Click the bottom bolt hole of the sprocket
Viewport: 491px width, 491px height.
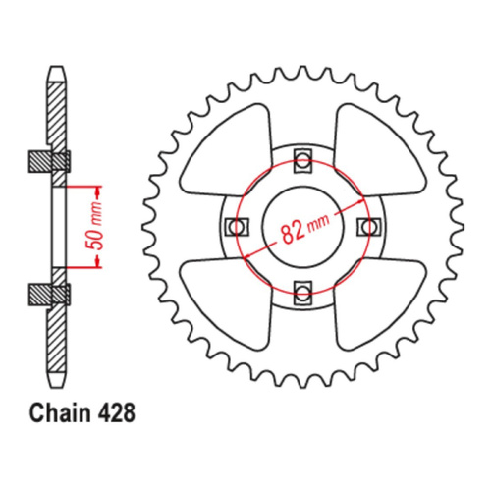coord(302,291)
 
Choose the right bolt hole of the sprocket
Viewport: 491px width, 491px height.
coord(368,226)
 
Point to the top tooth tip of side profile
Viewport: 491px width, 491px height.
coord(55,72)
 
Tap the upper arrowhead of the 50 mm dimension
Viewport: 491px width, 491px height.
coord(96,188)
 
